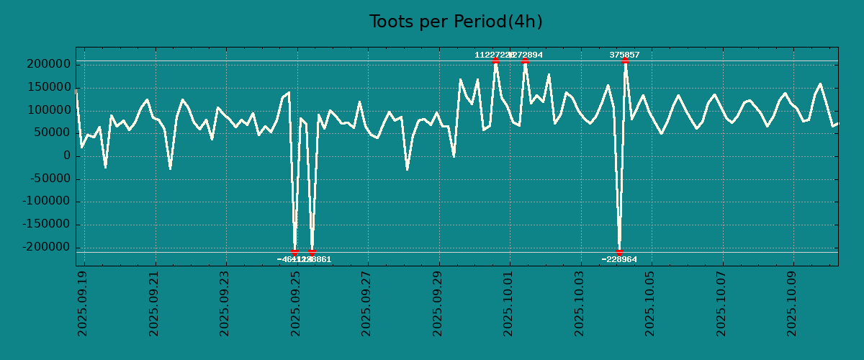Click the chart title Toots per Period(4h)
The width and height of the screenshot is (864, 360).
coord(456,22)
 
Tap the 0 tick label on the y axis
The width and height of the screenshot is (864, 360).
coord(66,156)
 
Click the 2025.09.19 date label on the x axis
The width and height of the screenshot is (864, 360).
coord(82,303)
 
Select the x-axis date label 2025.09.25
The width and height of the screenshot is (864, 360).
coord(295,303)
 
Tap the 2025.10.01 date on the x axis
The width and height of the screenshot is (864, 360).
coord(508,303)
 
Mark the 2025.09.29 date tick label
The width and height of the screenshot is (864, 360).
coord(438,303)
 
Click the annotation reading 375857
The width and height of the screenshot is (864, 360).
coord(624,55)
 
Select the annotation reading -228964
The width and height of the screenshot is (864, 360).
coord(619,259)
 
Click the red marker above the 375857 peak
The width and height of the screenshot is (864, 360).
coord(625,61)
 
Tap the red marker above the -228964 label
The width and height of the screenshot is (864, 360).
coord(619,252)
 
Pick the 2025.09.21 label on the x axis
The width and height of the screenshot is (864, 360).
coord(153,303)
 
